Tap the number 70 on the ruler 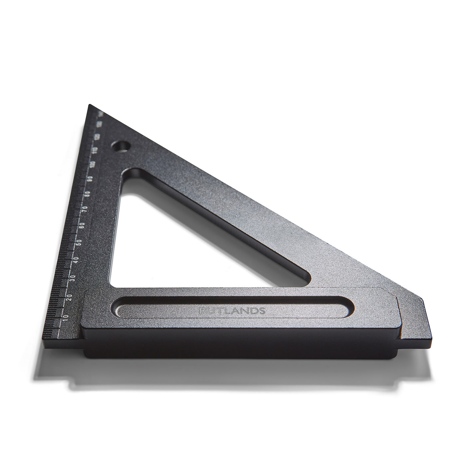point(85,209)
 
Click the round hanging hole point(120,146)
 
